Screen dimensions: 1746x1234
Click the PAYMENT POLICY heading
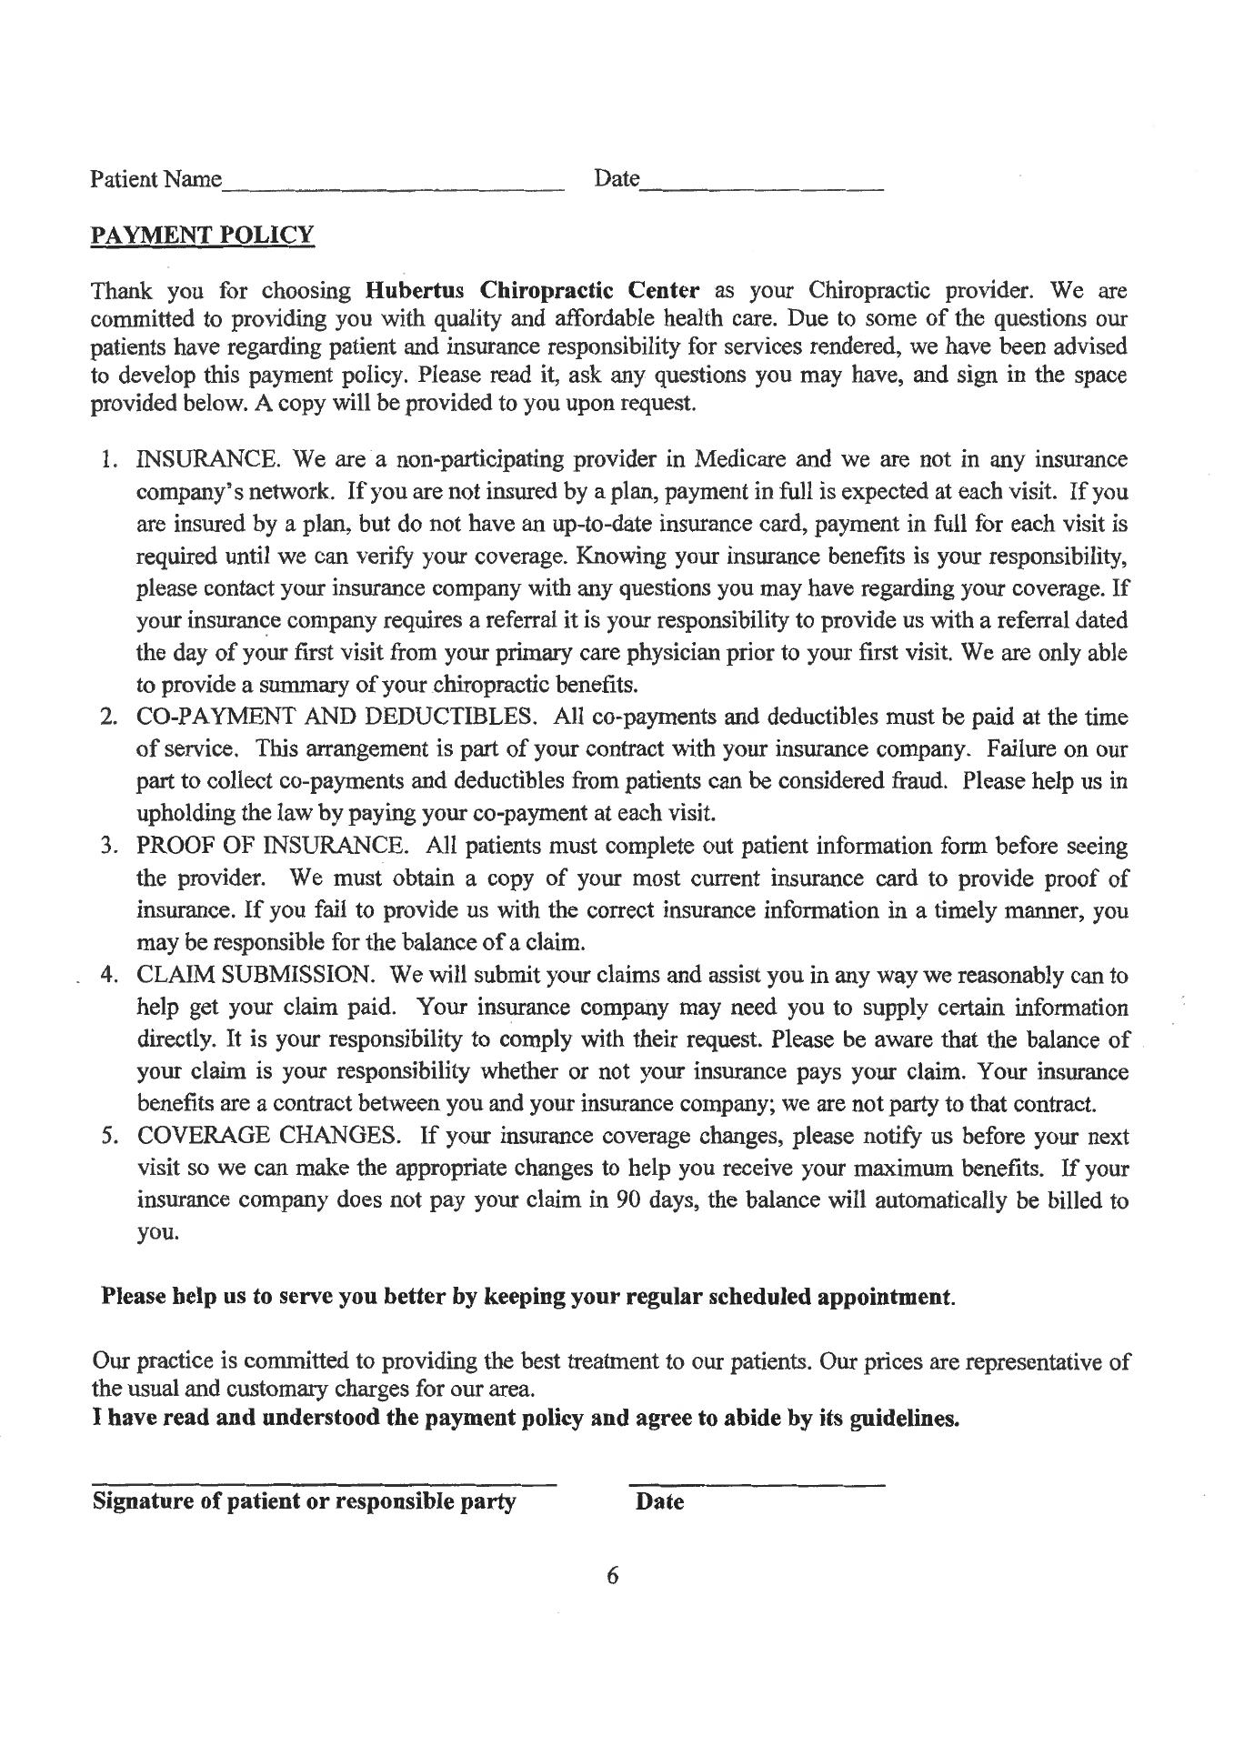[202, 235]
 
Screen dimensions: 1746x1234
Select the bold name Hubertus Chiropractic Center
[532, 291]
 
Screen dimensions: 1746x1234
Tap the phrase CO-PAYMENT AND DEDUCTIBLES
[335, 717]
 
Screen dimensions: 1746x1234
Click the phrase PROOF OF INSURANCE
[271, 846]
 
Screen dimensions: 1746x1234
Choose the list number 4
[107, 975]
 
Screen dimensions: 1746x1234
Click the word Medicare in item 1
[741, 459]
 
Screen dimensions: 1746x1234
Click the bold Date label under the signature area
[660, 1501]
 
